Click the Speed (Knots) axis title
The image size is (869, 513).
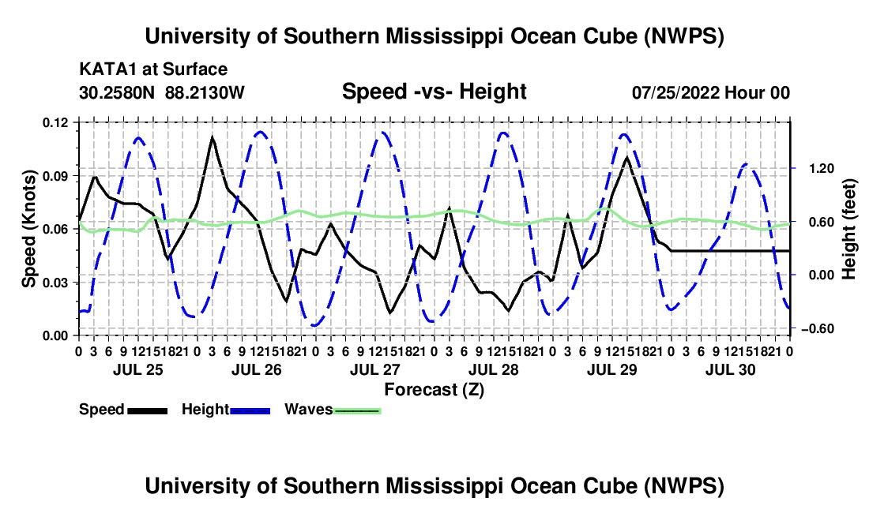[x=28, y=229]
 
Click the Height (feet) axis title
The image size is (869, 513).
[x=848, y=229]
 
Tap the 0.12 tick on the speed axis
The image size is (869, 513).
[x=55, y=122]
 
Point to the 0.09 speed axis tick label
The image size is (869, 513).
[x=55, y=176]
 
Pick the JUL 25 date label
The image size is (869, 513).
[x=138, y=369]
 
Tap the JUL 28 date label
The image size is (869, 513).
[x=493, y=369]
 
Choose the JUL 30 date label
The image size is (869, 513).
[x=731, y=369]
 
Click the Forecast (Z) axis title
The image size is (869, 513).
[x=434, y=390]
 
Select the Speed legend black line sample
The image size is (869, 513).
[x=148, y=410]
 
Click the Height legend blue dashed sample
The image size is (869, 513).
[x=250, y=410]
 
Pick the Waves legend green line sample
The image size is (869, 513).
[x=357, y=410]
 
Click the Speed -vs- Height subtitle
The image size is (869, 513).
[x=434, y=92]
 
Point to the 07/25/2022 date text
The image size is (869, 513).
[x=676, y=92]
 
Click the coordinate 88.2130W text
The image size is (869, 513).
[x=205, y=92]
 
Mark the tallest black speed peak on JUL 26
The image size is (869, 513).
[x=212, y=137]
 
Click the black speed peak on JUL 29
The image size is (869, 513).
[x=626, y=158]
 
